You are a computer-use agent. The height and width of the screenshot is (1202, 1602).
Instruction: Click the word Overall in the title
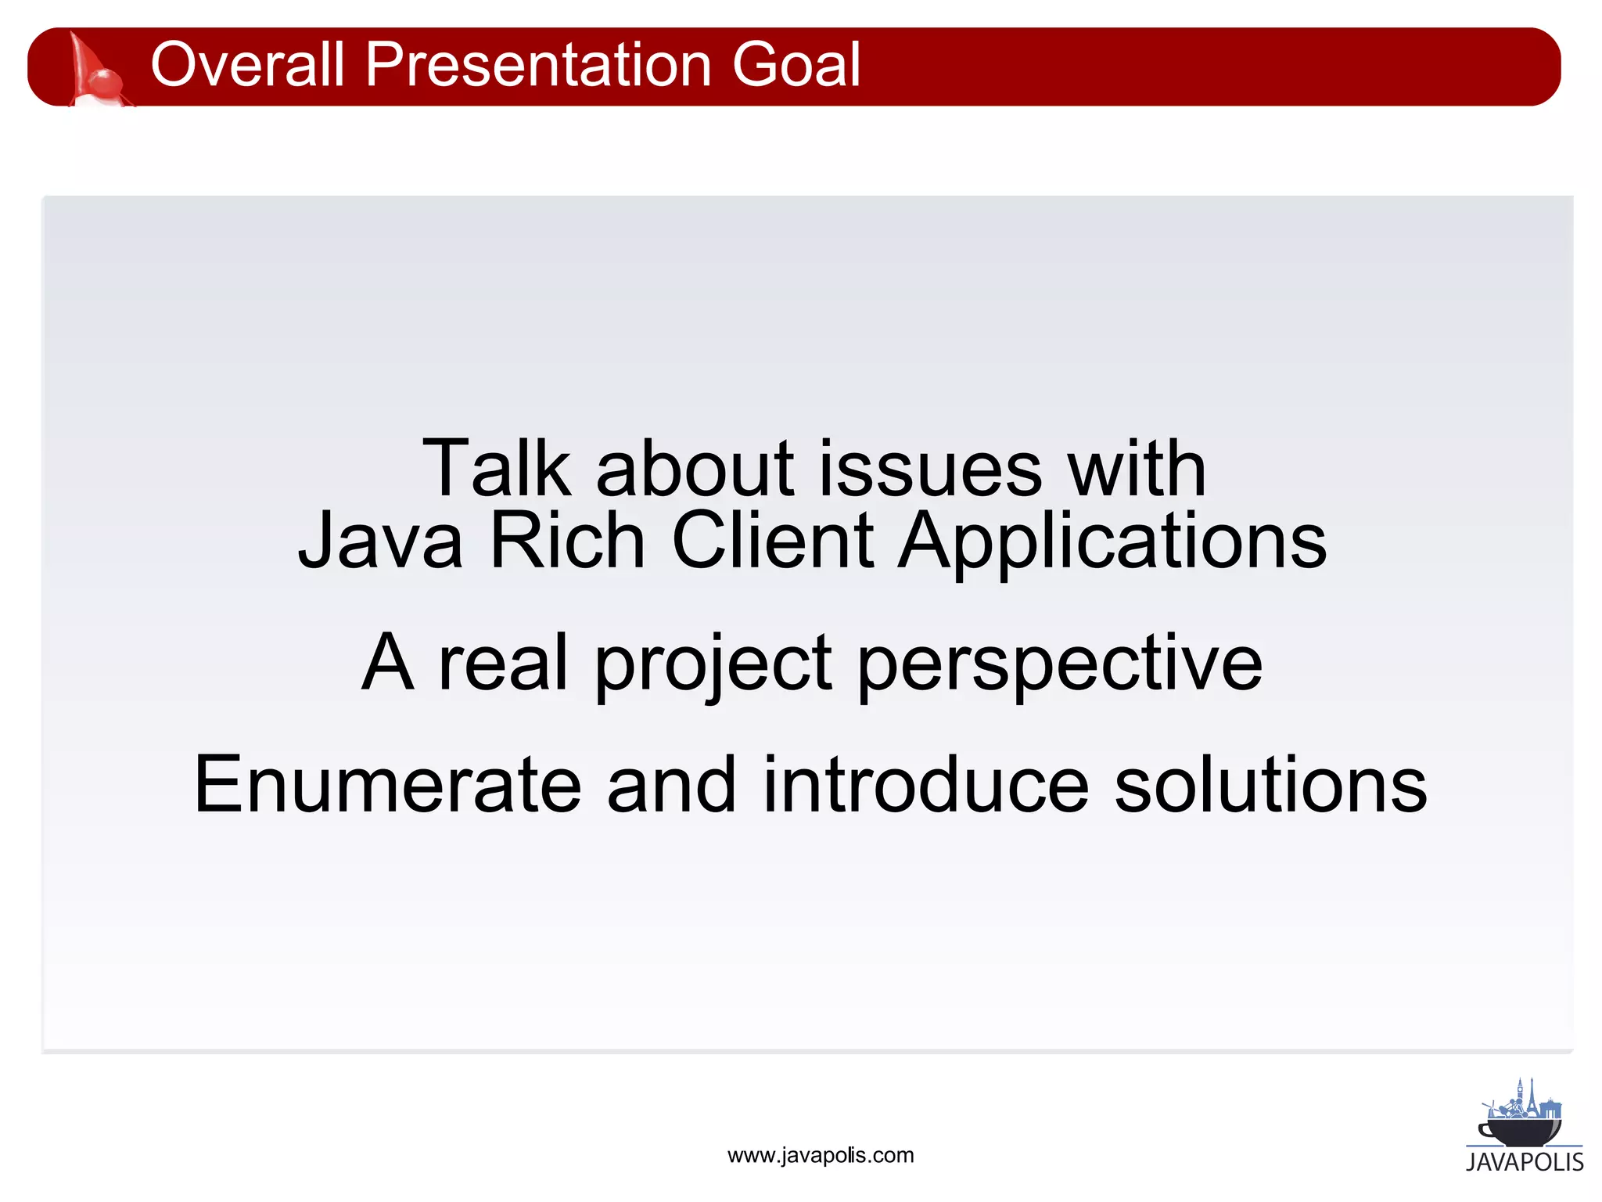(x=247, y=64)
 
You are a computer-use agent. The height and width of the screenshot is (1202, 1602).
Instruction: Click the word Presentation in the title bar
(x=538, y=64)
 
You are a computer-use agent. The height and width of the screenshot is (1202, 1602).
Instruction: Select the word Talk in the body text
(x=496, y=469)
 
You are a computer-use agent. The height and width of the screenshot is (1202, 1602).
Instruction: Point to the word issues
(x=930, y=469)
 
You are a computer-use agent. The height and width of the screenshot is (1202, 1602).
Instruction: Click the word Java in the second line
(x=380, y=541)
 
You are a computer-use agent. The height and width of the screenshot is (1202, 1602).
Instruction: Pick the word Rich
(x=567, y=541)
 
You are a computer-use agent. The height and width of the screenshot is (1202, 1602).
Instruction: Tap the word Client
(x=772, y=541)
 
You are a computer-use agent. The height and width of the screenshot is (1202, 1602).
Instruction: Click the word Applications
(x=1112, y=541)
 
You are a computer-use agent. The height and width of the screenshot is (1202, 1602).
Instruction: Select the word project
(x=713, y=664)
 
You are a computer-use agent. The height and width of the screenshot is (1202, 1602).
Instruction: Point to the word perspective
(x=1059, y=664)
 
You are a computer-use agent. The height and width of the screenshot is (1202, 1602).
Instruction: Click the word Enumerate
(x=387, y=785)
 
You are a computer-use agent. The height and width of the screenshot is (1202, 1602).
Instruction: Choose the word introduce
(x=925, y=785)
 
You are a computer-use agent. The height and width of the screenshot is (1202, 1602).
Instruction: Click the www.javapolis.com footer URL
(x=820, y=1156)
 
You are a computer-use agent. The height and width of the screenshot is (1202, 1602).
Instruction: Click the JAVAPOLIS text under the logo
(x=1524, y=1162)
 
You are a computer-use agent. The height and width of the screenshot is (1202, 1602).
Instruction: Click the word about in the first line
(x=695, y=469)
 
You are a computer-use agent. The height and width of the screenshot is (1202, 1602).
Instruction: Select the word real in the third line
(x=502, y=664)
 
